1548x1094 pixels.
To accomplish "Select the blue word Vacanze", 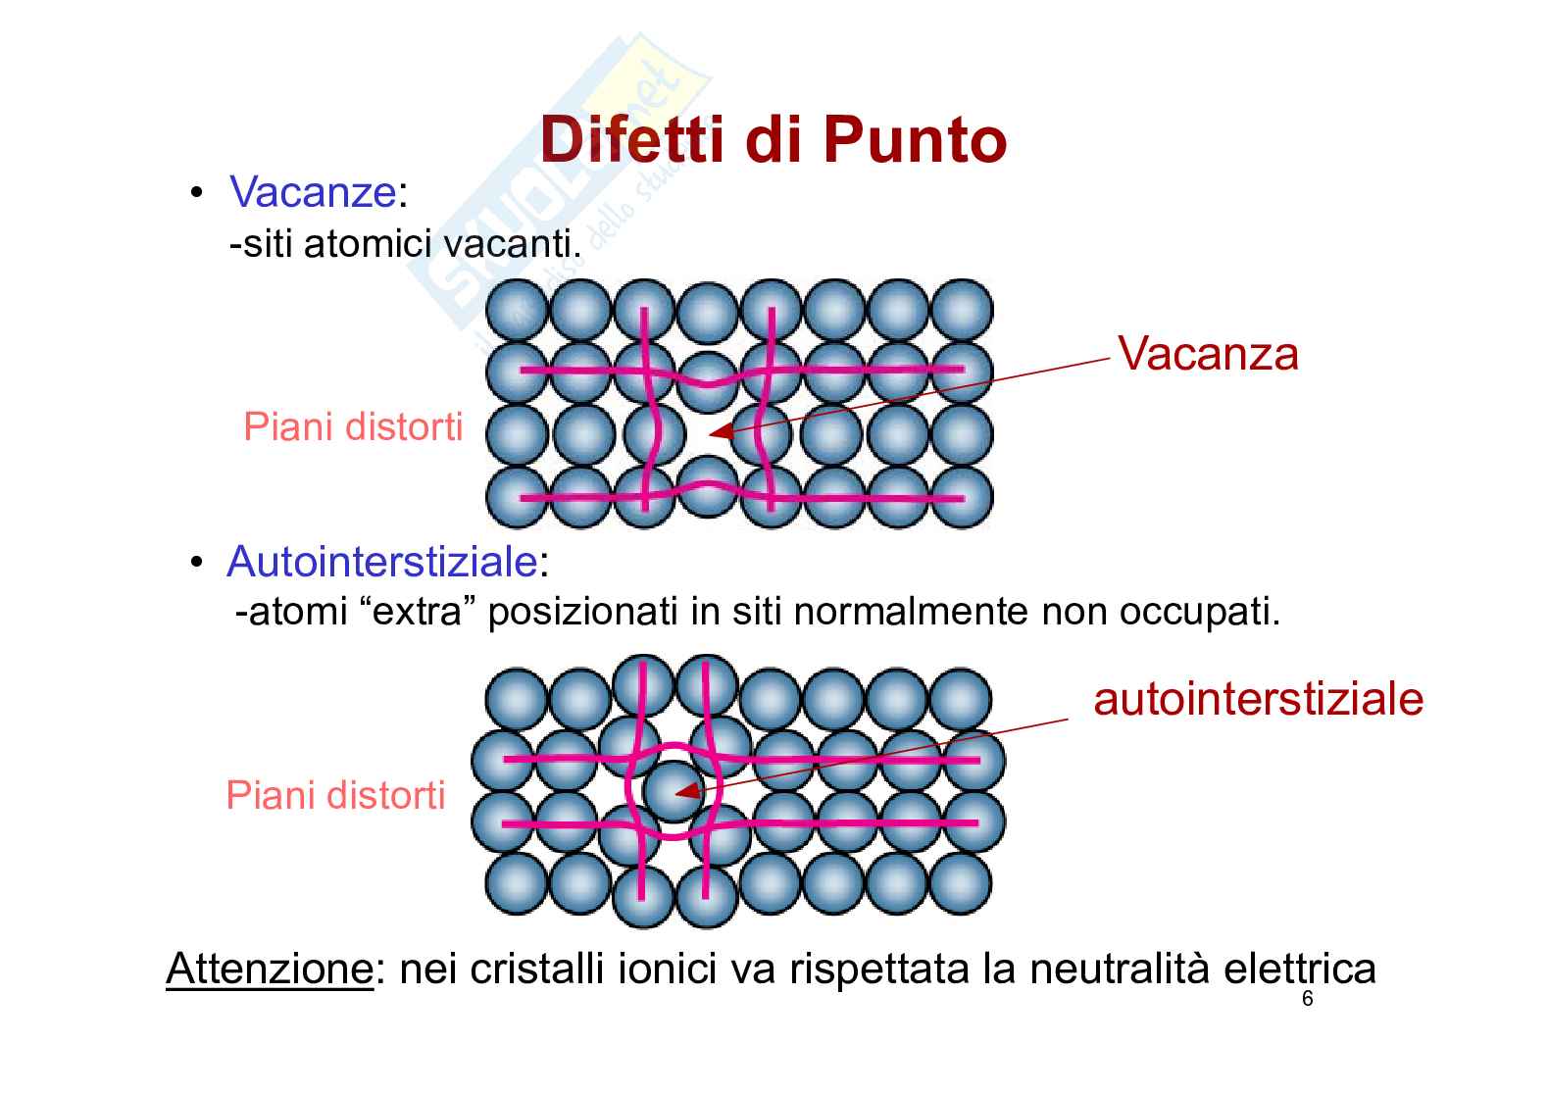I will pos(312,192).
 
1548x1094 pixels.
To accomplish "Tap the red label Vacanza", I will pos(1208,353).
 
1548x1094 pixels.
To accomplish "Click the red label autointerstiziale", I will pos(1258,699).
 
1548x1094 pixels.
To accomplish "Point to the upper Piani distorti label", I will pos(353,427).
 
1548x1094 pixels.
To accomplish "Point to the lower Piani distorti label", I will pos(335,795).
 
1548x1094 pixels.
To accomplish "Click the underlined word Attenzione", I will pos(270,970).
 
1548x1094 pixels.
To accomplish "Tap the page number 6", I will pos(1307,1001).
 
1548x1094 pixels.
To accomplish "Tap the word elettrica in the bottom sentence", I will pos(1299,970).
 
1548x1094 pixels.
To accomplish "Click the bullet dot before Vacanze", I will pos(197,193).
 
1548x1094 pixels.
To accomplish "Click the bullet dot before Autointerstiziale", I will pos(197,564).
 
